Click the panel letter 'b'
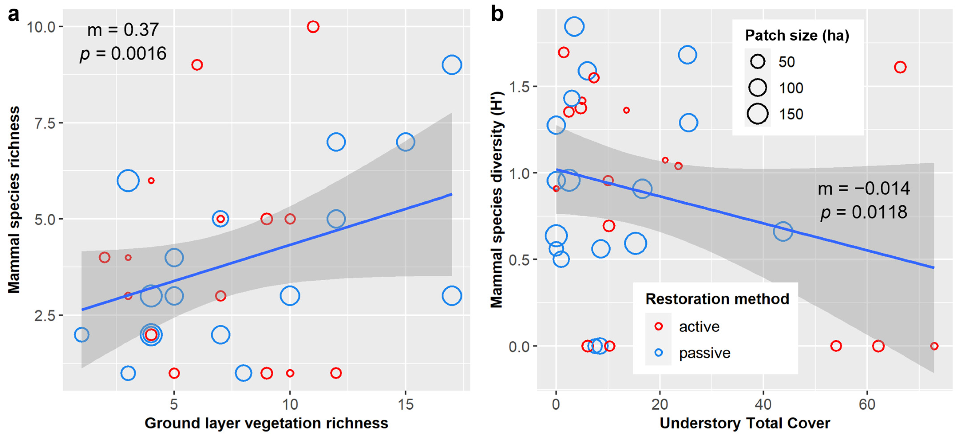497,15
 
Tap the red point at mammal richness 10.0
313,27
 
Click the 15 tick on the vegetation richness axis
405,404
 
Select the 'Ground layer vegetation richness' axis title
266,423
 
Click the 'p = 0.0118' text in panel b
863,213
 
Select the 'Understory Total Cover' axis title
745,423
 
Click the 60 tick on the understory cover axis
867,404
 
